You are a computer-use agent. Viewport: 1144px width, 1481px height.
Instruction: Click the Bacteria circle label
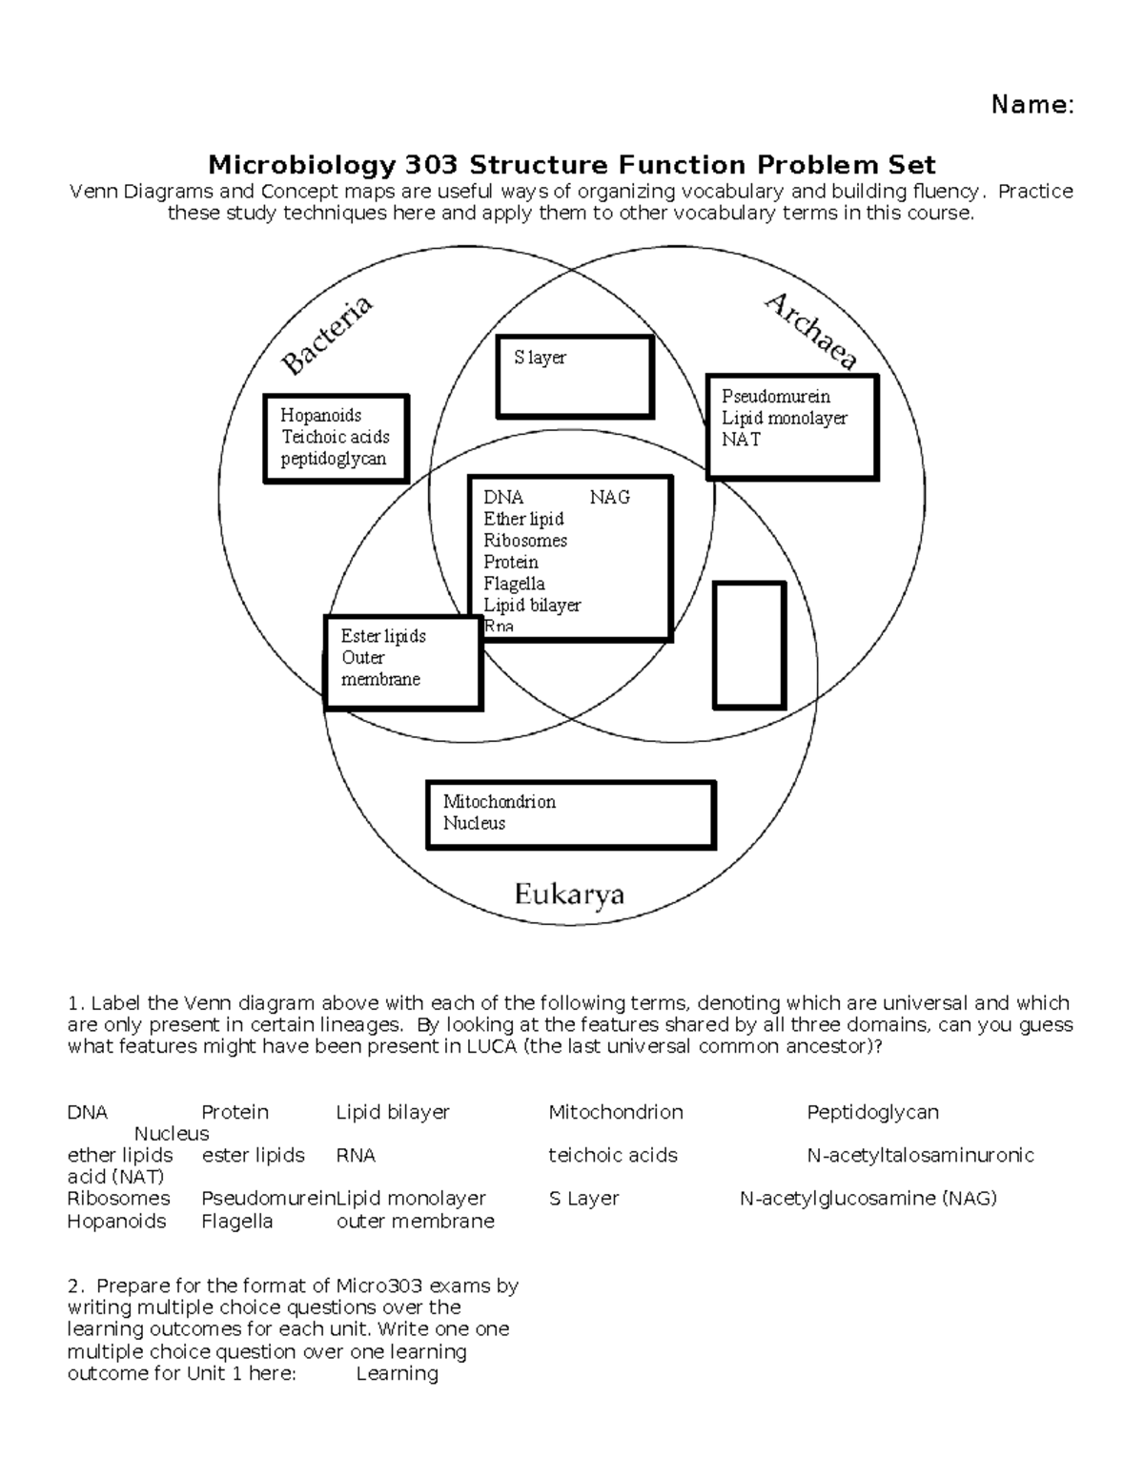point(327,336)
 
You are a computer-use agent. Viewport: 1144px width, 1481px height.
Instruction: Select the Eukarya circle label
point(569,895)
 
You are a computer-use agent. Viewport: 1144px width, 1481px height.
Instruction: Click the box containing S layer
point(575,377)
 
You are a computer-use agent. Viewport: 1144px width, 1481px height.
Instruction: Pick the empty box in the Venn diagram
point(749,646)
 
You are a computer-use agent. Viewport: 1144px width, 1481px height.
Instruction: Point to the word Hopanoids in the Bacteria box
point(320,415)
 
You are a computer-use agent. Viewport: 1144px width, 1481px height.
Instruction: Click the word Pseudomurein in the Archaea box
point(775,396)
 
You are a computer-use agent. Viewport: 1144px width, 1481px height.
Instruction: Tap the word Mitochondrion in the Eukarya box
point(499,801)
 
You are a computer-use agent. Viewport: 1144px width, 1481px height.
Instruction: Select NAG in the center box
point(609,497)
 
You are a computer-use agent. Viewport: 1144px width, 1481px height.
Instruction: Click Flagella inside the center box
point(514,584)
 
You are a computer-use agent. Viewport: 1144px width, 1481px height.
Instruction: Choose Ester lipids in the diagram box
point(383,636)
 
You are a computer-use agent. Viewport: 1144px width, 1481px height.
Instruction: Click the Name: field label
point(1032,105)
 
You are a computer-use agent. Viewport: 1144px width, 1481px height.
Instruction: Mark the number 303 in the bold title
point(431,165)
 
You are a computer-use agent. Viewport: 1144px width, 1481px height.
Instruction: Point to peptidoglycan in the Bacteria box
point(333,459)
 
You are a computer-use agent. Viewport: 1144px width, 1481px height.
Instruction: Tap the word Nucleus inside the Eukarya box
point(474,823)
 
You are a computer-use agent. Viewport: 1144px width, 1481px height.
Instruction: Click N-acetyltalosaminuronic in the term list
point(920,1155)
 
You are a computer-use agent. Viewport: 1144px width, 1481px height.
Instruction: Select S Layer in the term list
point(583,1198)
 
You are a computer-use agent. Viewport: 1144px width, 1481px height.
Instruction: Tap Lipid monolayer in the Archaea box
point(784,418)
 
